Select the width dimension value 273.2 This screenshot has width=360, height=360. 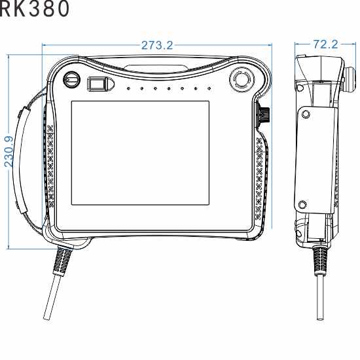click(x=157, y=45)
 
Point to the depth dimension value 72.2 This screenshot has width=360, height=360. click(x=325, y=45)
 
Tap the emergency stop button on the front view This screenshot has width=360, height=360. click(x=240, y=81)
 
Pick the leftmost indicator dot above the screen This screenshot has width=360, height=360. click(x=128, y=88)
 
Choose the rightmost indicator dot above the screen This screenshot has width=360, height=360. click(x=209, y=88)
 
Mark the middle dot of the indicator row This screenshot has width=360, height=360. click(x=168, y=88)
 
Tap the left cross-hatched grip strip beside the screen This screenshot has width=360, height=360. click(x=50, y=164)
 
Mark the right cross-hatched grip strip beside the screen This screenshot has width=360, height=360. click(x=260, y=177)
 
